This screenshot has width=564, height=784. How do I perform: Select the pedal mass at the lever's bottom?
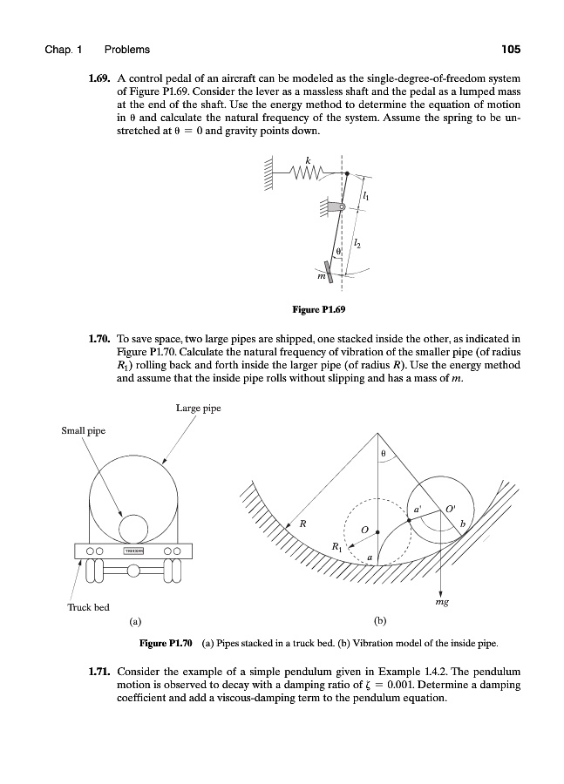330,276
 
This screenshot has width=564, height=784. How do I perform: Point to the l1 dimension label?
364,199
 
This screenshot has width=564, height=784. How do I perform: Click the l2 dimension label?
359,247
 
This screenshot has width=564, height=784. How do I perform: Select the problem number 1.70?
99,335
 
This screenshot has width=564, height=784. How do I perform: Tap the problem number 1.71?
99,672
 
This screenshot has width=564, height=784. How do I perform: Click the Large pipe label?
198,407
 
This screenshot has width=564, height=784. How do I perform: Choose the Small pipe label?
83,429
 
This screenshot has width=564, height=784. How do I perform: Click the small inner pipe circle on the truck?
133,528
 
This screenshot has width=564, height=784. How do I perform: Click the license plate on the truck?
133,551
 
